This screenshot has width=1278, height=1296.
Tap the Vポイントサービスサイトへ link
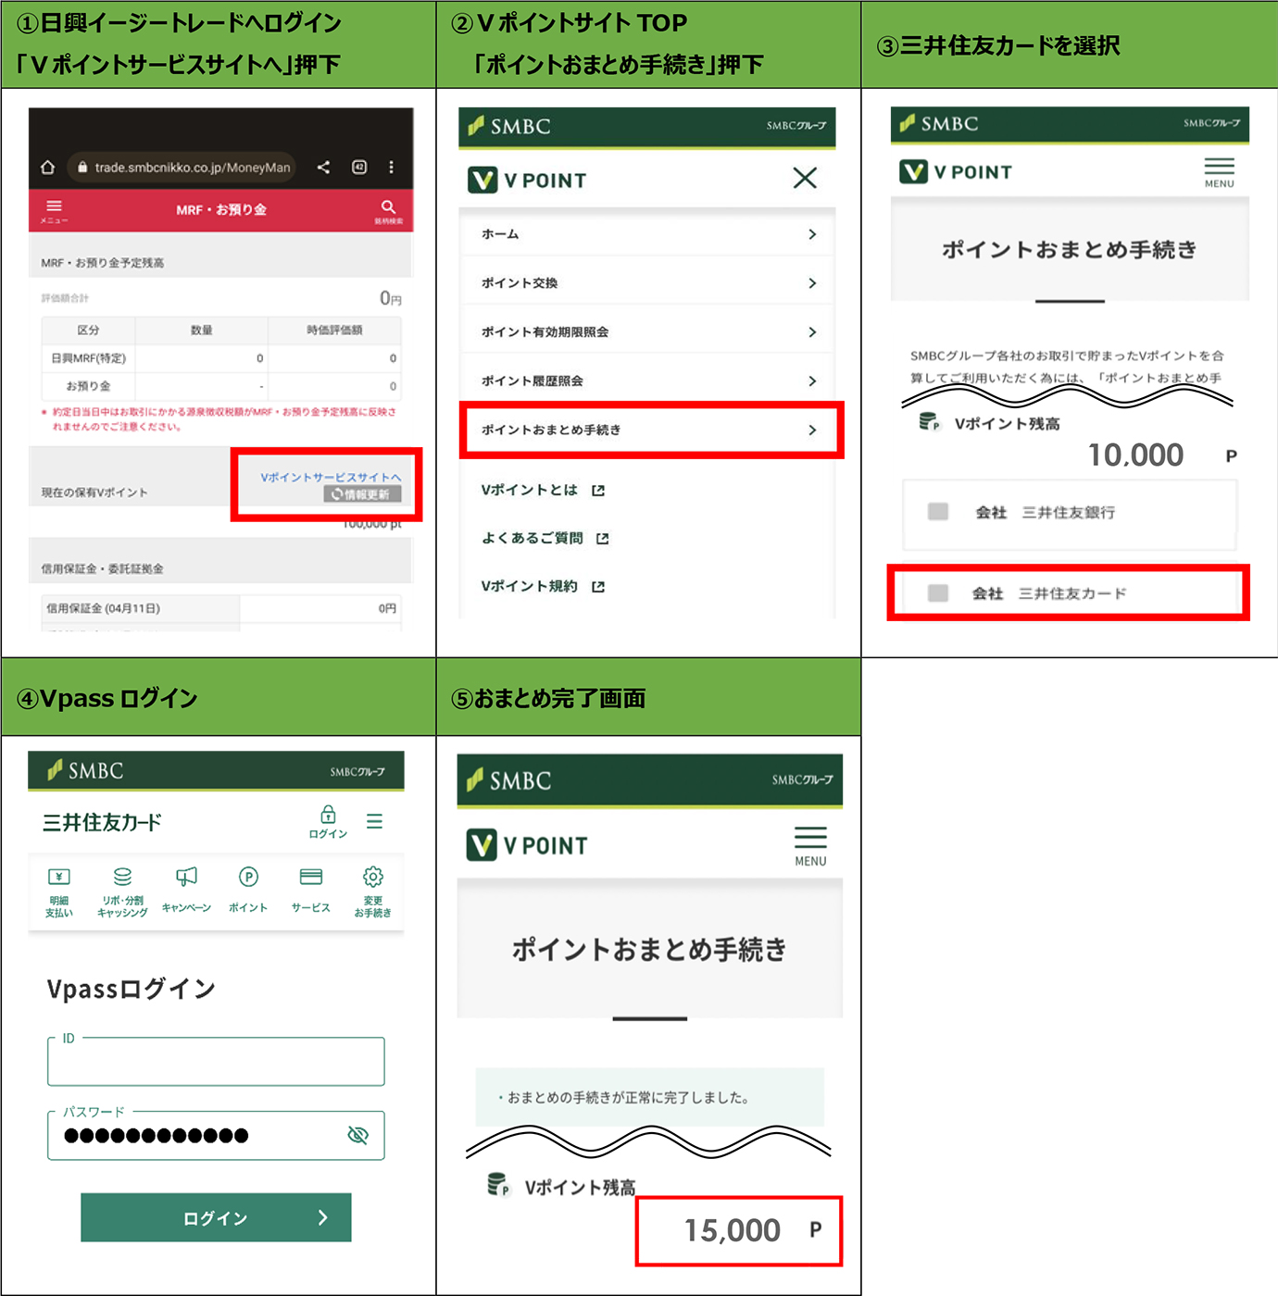coord(331,477)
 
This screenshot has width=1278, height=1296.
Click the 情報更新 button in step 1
coord(362,494)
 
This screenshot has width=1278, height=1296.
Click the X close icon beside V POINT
coord(805,178)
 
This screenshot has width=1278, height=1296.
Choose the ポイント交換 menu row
coord(648,283)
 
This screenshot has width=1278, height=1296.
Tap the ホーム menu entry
coord(648,234)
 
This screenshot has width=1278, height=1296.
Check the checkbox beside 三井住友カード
coord(938,593)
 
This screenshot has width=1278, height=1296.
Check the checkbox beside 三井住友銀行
coord(938,512)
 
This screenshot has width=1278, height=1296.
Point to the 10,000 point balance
coord(1135,455)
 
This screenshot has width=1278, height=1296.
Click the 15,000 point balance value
coord(733,1230)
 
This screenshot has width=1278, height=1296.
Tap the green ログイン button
coord(216,1217)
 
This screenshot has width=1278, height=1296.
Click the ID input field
coord(216,1063)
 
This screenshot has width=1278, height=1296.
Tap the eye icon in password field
coord(357,1135)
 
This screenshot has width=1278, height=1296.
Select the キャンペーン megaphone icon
coord(186,877)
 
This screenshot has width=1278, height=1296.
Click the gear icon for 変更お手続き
coord(373,877)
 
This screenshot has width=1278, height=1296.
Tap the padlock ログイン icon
coord(328,815)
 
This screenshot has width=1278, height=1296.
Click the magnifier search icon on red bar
coord(388,206)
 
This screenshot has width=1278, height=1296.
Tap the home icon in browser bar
coord(48,168)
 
